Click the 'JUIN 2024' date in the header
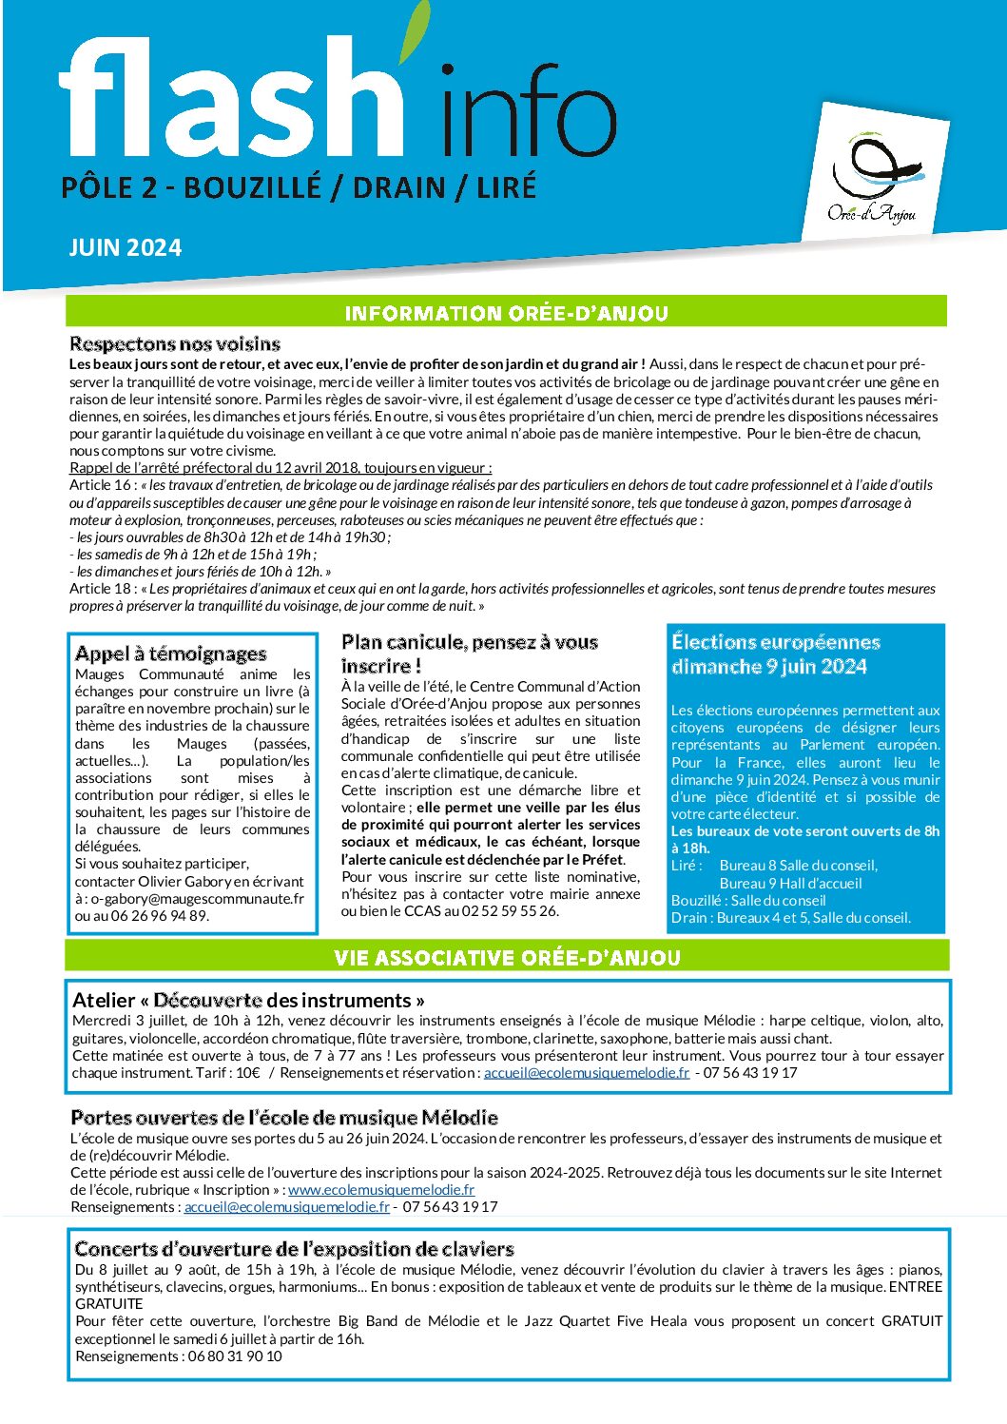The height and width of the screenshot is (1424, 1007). (x=125, y=248)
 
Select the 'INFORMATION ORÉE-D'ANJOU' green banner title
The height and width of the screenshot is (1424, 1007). (x=506, y=313)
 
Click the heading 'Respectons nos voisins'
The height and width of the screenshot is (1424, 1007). (x=175, y=344)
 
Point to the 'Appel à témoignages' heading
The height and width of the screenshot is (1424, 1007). (x=170, y=653)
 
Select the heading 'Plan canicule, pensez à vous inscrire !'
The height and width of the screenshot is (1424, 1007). (x=469, y=653)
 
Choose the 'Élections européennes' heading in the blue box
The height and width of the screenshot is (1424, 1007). (x=775, y=642)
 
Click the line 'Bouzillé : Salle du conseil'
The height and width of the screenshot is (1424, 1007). (x=748, y=900)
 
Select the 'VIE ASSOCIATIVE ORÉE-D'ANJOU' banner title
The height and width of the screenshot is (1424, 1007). (x=507, y=957)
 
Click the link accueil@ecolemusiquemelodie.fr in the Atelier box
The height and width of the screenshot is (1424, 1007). (x=587, y=1072)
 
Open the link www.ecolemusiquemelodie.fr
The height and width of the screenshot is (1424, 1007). (x=381, y=1189)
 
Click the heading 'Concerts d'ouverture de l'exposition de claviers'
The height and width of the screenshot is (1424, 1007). (x=294, y=1249)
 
